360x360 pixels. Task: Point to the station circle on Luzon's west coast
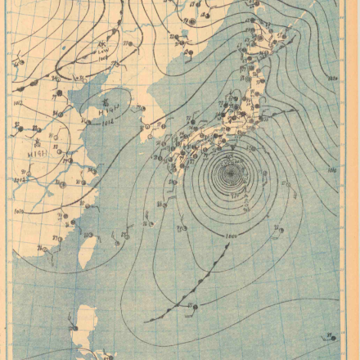pos(79,326)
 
